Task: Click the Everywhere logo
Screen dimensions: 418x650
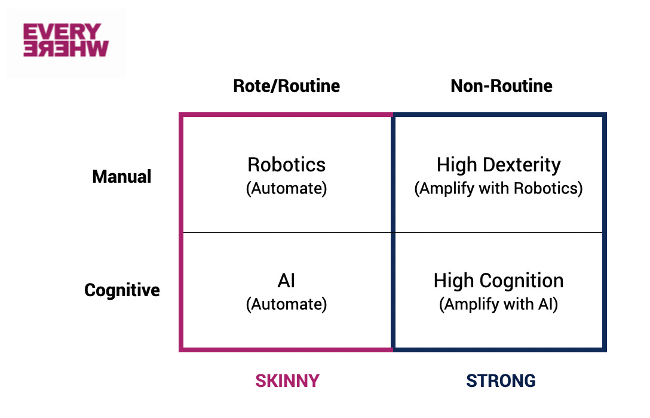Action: (x=66, y=40)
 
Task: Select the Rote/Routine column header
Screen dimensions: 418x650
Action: (x=286, y=86)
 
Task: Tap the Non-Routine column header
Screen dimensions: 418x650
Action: (x=501, y=86)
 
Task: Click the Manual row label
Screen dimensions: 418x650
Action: (x=122, y=177)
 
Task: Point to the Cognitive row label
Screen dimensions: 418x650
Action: (x=122, y=290)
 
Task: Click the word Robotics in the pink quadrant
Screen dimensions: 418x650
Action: (x=286, y=165)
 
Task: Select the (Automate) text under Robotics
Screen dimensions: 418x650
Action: (x=286, y=189)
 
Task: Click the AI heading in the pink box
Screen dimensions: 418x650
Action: (x=286, y=281)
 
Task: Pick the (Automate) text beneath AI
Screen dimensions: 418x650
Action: (x=286, y=305)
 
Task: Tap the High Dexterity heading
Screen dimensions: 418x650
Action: (x=498, y=165)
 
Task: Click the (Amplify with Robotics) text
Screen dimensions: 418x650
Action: (x=498, y=189)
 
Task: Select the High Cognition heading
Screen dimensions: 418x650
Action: (x=498, y=281)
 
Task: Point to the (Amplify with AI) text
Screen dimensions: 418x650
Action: (x=498, y=305)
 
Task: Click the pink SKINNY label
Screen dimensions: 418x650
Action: (x=287, y=381)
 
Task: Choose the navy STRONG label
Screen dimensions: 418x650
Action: (x=501, y=381)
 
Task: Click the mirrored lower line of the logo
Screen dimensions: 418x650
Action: (x=66, y=49)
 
